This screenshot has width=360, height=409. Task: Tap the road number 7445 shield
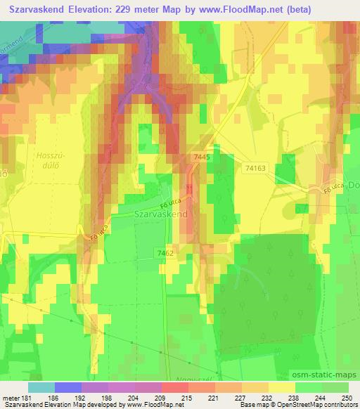(x=201, y=160)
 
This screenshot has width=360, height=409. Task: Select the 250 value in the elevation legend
(x=347, y=398)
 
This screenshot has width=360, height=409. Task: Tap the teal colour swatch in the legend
(x=41, y=387)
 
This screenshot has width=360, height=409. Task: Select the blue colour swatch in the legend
(x=67, y=387)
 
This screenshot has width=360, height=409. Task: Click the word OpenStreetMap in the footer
(x=307, y=405)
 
